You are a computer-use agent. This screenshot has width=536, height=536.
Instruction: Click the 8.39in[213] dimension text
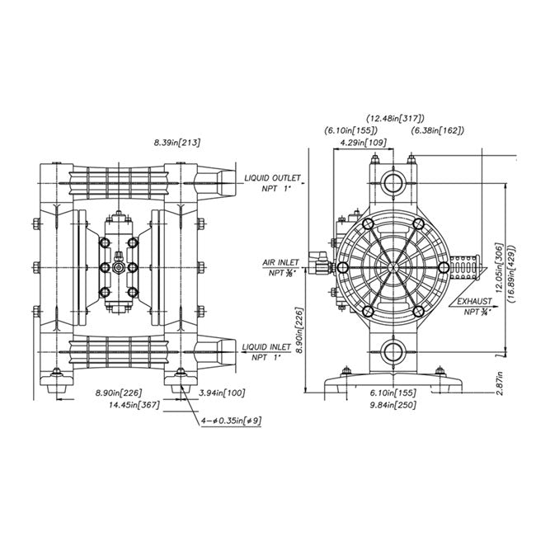point(177,143)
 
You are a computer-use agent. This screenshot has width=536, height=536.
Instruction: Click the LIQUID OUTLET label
point(273,177)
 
